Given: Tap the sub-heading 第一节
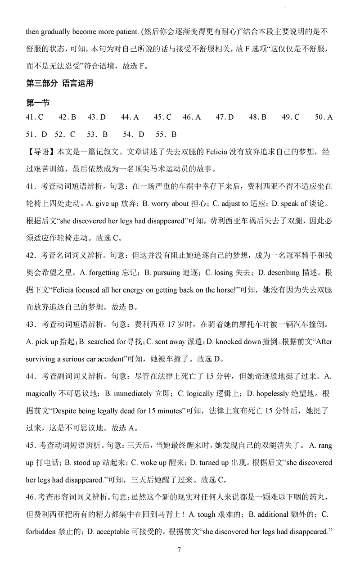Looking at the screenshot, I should (x=37, y=103).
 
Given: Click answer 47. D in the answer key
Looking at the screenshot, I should (x=225, y=117).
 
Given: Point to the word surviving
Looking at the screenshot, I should (x=43, y=359).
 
